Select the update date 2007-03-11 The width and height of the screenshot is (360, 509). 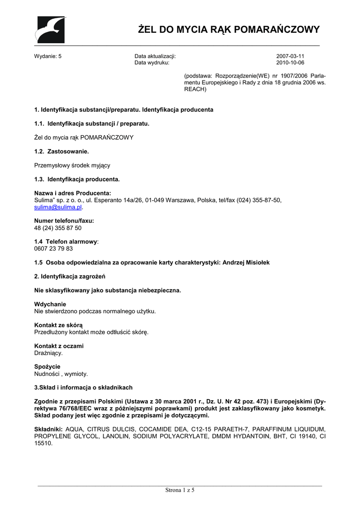pyautogui.click(x=290, y=56)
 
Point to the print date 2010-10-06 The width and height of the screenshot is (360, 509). pyautogui.click(x=290, y=63)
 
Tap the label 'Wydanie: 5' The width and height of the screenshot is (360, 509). pyautogui.click(x=48, y=56)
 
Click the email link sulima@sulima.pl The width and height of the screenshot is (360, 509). pyautogui.click(x=58, y=207)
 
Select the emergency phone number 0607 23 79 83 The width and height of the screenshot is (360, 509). pyautogui.click(x=53, y=249)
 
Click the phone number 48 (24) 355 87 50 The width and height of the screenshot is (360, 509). pyautogui.click(x=58, y=228)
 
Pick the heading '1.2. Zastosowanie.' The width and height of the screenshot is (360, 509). pyautogui.click(x=62, y=151)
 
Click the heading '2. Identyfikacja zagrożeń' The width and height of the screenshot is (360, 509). pyautogui.click(x=70, y=276)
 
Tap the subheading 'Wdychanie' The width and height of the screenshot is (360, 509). pyautogui.click(x=50, y=304)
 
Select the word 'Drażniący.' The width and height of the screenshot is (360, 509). pyautogui.click(x=48, y=353)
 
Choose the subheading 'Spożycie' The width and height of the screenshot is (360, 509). pyautogui.click(x=47, y=367)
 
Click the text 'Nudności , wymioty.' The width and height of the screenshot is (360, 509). pyautogui.click(x=61, y=374)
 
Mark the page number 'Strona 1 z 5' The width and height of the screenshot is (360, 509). pyautogui.click(x=180, y=491)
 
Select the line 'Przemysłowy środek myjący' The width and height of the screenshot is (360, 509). pyautogui.click(x=72, y=165)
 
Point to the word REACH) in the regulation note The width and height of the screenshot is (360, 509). pyautogui.click(x=195, y=89)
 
